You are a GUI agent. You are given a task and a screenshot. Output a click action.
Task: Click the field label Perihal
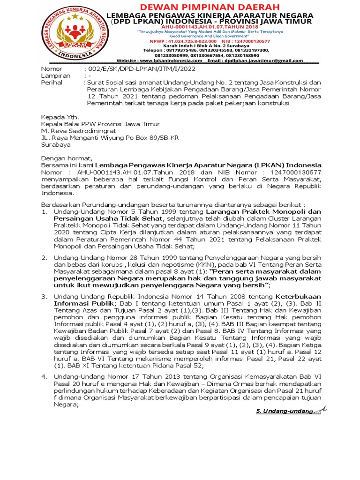[53, 82]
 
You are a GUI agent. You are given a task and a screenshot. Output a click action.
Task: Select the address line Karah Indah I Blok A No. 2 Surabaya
[220, 45]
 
